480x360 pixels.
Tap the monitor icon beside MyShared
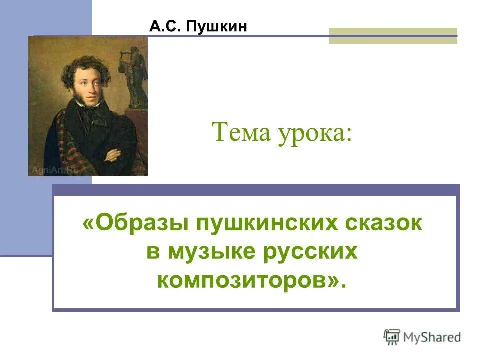click(392, 336)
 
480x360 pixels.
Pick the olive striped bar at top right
click(393, 35)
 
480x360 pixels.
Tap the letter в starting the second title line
click(153, 252)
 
